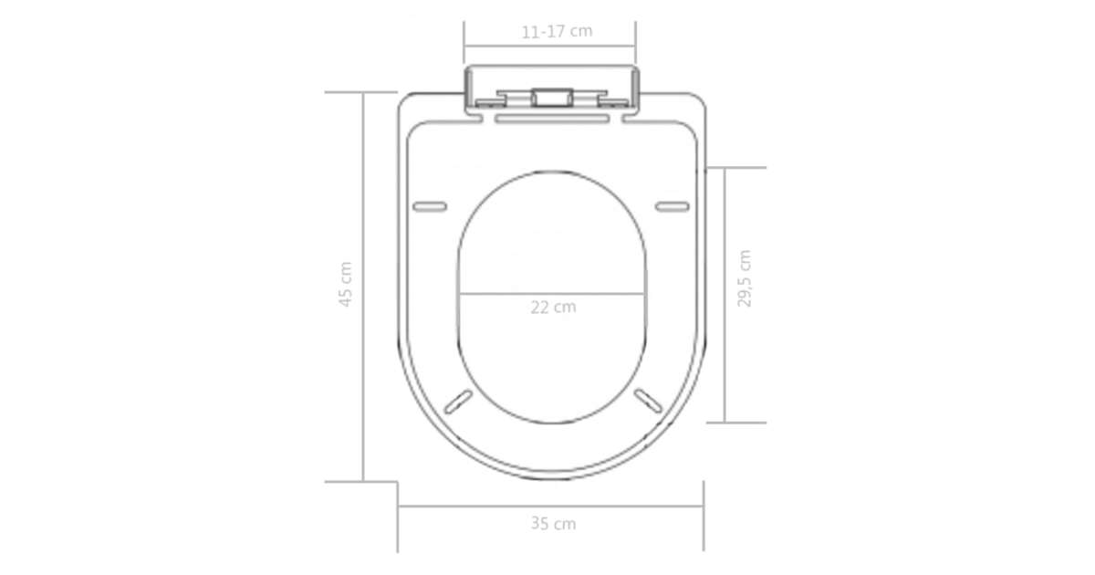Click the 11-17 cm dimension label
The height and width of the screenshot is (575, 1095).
coord(557,32)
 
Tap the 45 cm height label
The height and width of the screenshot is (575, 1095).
coord(346,284)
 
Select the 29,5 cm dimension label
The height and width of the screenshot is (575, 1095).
coord(744,278)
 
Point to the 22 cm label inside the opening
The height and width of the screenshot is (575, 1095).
coord(553,307)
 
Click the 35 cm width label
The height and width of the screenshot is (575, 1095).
coord(553,524)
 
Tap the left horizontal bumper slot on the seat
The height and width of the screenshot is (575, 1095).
coord(430,207)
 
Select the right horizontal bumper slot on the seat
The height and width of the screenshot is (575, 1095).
coord(673,207)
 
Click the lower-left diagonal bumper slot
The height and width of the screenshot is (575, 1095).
coord(458,402)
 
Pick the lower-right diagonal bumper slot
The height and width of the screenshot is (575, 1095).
coord(648,401)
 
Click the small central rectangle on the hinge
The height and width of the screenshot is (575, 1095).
coord(552,98)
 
